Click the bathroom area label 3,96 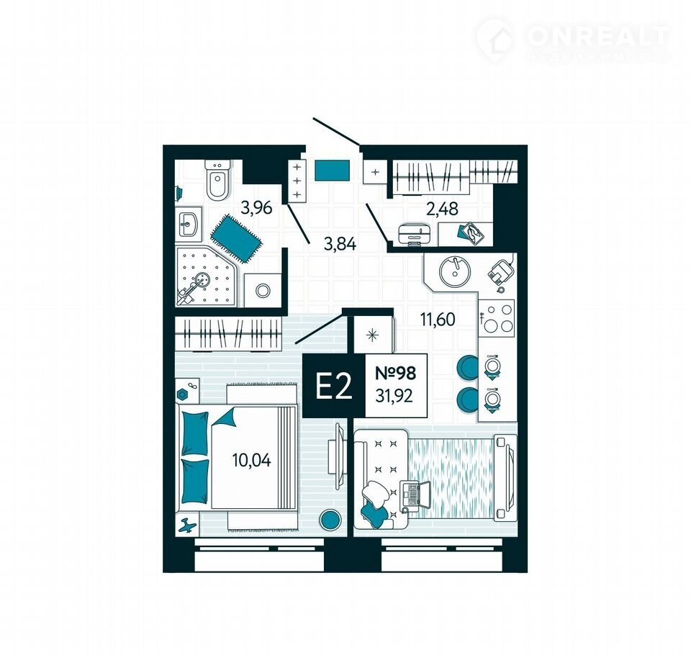(x=256, y=207)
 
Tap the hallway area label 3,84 (x=340, y=243)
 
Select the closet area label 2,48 (x=442, y=208)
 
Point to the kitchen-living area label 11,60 (x=437, y=319)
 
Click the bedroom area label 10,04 (x=251, y=460)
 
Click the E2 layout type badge (x=333, y=386)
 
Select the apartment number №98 (x=395, y=374)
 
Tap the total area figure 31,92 (x=394, y=397)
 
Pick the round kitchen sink (x=455, y=271)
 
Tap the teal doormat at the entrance (x=333, y=171)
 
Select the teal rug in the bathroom (x=236, y=239)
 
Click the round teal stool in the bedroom (x=330, y=520)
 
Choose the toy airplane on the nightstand (x=187, y=525)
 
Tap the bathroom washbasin (x=189, y=224)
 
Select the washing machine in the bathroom (x=263, y=291)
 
